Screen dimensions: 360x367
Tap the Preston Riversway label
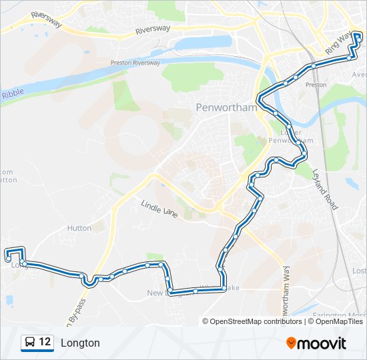pyautogui.click(x=135, y=63)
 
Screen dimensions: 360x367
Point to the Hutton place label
pyautogui.click(x=79, y=228)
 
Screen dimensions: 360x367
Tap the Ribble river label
pyautogui.click(x=12, y=95)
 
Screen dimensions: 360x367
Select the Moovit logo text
pyautogui.click(x=322, y=343)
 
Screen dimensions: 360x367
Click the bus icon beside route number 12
pyautogui.click(x=30, y=343)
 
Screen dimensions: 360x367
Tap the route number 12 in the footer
pyautogui.click(x=45, y=343)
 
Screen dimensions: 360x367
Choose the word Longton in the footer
pyautogui.click(x=80, y=343)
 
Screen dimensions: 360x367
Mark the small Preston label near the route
pyautogui.click(x=316, y=85)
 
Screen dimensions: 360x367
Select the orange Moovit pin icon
pyautogui.click(x=292, y=343)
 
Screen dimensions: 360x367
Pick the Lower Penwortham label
pyautogui.click(x=284, y=137)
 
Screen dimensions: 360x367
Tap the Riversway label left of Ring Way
pyautogui.click(x=153, y=30)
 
